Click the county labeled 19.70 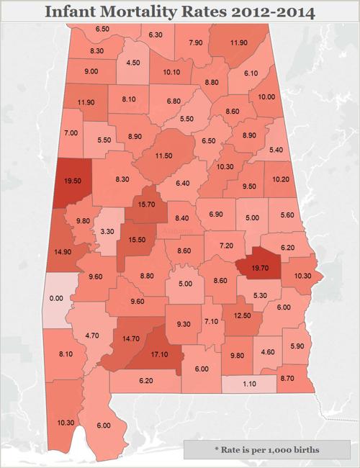click(x=259, y=267)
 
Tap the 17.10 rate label click(x=162, y=355)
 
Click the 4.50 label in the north click(x=132, y=63)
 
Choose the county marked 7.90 click(x=195, y=42)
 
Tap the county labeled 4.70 click(x=92, y=335)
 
